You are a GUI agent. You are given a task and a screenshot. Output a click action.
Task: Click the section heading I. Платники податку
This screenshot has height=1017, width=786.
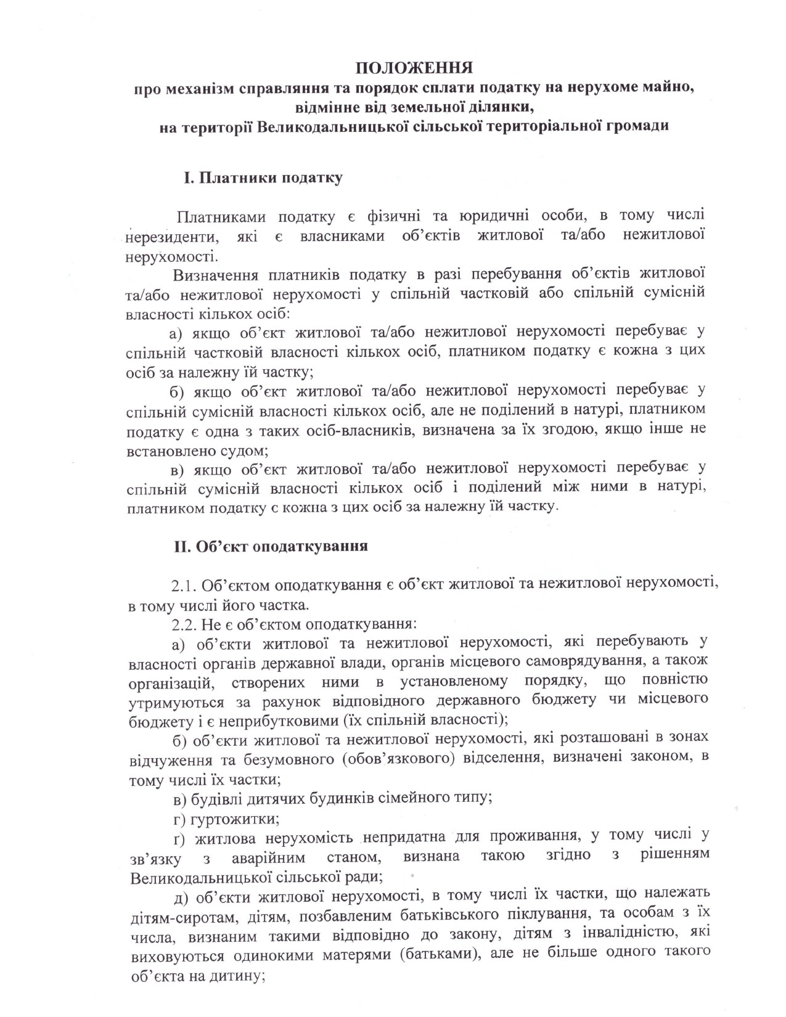[263, 179]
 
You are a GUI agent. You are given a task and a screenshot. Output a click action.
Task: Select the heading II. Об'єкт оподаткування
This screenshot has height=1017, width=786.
[271, 546]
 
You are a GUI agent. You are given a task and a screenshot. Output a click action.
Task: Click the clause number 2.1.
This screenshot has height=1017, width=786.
[183, 584]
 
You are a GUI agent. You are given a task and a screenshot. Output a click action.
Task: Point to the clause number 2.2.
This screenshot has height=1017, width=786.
[183, 624]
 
